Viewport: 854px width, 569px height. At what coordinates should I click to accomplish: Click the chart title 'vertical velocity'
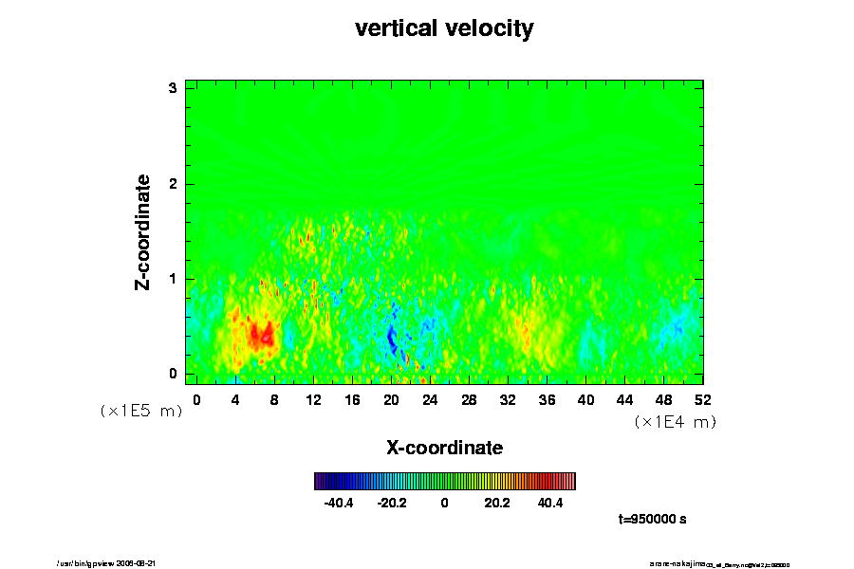(444, 28)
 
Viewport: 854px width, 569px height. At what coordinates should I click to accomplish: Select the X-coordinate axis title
(444, 447)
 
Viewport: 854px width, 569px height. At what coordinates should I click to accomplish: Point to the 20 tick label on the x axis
(391, 400)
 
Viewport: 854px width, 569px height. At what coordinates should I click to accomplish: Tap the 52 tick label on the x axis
(703, 400)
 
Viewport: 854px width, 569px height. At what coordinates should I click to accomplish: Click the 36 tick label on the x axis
(547, 400)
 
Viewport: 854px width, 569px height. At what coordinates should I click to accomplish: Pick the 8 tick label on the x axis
(274, 400)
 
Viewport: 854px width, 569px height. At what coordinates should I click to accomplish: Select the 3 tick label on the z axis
(174, 88)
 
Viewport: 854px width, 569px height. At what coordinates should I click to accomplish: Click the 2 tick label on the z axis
(174, 184)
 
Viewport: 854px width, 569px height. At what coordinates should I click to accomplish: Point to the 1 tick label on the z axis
(174, 279)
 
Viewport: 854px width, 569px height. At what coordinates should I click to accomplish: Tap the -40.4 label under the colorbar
(339, 503)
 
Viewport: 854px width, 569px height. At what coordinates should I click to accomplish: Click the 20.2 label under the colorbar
(496, 503)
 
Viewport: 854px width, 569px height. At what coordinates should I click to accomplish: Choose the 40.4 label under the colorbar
(549, 503)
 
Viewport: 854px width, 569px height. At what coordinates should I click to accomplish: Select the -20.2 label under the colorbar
(391, 503)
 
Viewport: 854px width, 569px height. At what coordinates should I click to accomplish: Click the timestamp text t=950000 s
(652, 520)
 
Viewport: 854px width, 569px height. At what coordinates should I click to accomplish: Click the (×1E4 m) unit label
(675, 422)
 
